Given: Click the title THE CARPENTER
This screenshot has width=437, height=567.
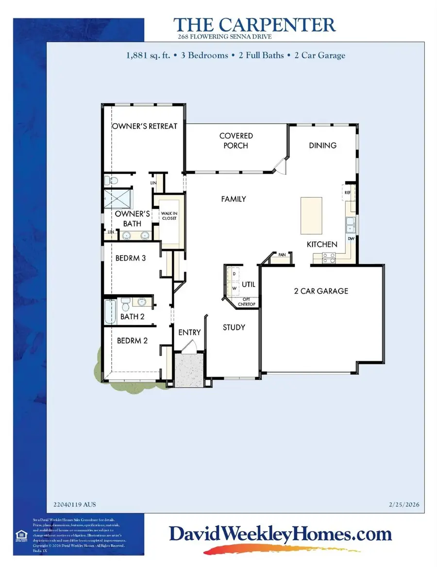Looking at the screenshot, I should (254, 25).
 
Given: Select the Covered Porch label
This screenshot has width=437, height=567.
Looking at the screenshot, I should (236, 141).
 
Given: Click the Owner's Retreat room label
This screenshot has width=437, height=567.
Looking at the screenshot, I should (145, 126).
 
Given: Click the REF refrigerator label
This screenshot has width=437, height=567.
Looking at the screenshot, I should (348, 193).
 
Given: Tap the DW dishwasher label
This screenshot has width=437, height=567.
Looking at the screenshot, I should (351, 239).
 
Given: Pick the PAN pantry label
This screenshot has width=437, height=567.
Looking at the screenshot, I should (282, 254).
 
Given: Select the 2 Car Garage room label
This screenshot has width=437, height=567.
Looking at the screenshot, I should (321, 291).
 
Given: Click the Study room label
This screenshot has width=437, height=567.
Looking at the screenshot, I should (234, 327).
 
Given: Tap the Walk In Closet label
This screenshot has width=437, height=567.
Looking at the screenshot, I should (169, 215).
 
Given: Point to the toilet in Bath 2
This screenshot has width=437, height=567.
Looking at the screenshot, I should (125, 305).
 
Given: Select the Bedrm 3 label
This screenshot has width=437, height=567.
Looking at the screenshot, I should (131, 258).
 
